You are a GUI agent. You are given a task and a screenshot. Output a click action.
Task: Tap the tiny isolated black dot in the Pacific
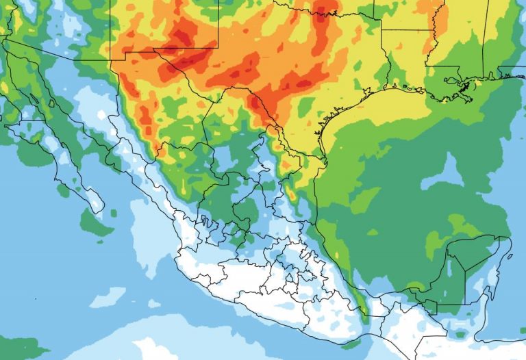36,299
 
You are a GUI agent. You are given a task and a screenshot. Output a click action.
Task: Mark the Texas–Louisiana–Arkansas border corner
381,30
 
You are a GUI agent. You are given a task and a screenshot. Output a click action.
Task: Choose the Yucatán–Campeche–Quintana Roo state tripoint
465,270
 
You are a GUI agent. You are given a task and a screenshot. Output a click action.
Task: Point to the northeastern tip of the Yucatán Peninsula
508,237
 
